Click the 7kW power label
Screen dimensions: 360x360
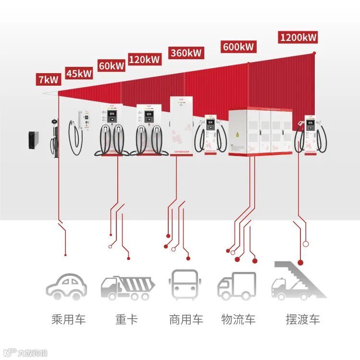48,79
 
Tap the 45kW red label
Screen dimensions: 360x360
79,73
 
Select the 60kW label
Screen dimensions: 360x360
111,65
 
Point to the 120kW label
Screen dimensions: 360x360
144,59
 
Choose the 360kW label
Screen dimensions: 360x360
185,52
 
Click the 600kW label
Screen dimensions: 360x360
238,47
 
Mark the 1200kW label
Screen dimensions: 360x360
298,37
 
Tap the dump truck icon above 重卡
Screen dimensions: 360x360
127,287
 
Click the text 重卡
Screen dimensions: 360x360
126,319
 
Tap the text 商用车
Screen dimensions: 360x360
186,319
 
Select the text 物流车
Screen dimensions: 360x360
238,319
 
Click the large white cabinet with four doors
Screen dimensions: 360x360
260,132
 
